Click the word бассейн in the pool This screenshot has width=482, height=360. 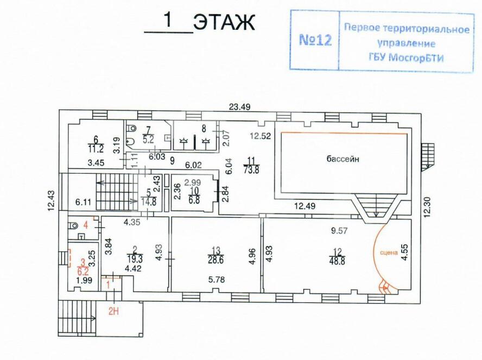[343, 159]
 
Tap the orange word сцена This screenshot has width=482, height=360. [389, 252]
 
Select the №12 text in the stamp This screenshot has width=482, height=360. [315, 41]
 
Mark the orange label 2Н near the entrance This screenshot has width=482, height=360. [114, 311]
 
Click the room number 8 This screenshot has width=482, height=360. [204, 129]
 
